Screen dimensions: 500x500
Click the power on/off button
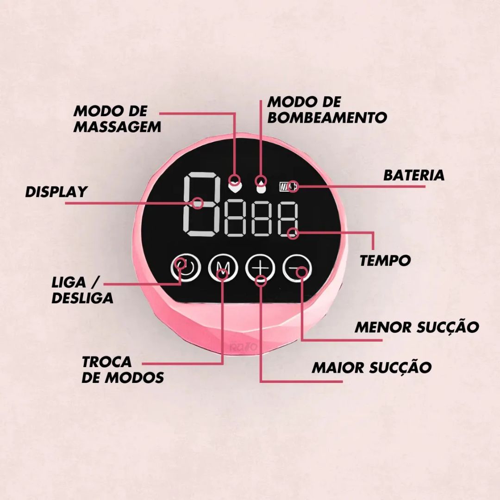coord(186,268)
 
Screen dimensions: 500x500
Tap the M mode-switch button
coord(223,268)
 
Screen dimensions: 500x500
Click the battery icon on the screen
coord(288,187)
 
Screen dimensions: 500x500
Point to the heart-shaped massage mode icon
coord(235,187)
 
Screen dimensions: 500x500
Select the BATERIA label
coord(413,175)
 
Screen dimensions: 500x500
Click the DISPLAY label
coord(56,192)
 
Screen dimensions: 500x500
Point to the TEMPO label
coord(385,261)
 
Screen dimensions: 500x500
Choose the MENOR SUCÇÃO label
coord(417,327)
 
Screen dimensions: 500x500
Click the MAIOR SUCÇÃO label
coord(371,367)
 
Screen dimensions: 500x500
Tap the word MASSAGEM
coord(117,127)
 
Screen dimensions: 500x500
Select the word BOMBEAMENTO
coord(327,117)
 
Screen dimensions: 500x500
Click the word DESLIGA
coord(82,298)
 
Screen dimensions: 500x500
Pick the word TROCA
coord(107,362)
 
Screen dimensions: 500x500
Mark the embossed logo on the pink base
coord(244,347)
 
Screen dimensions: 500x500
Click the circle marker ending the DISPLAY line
coord(198,203)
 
